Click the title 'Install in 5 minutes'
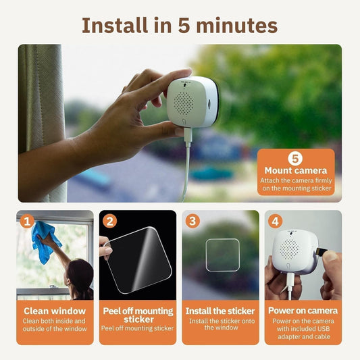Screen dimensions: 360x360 coord(180,25)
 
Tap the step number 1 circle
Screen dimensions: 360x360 coord(26,220)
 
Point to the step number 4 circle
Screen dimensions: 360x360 coord(274,220)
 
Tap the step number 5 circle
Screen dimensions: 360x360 coord(295,159)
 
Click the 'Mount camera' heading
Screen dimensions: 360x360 coord(295,171)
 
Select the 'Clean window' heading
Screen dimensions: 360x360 coord(55,311)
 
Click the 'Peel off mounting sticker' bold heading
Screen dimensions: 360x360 coord(138,315)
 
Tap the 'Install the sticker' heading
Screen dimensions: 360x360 coord(220,311)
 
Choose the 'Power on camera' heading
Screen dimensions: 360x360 coord(303,311)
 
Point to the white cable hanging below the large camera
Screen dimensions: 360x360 coord(184,169)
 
